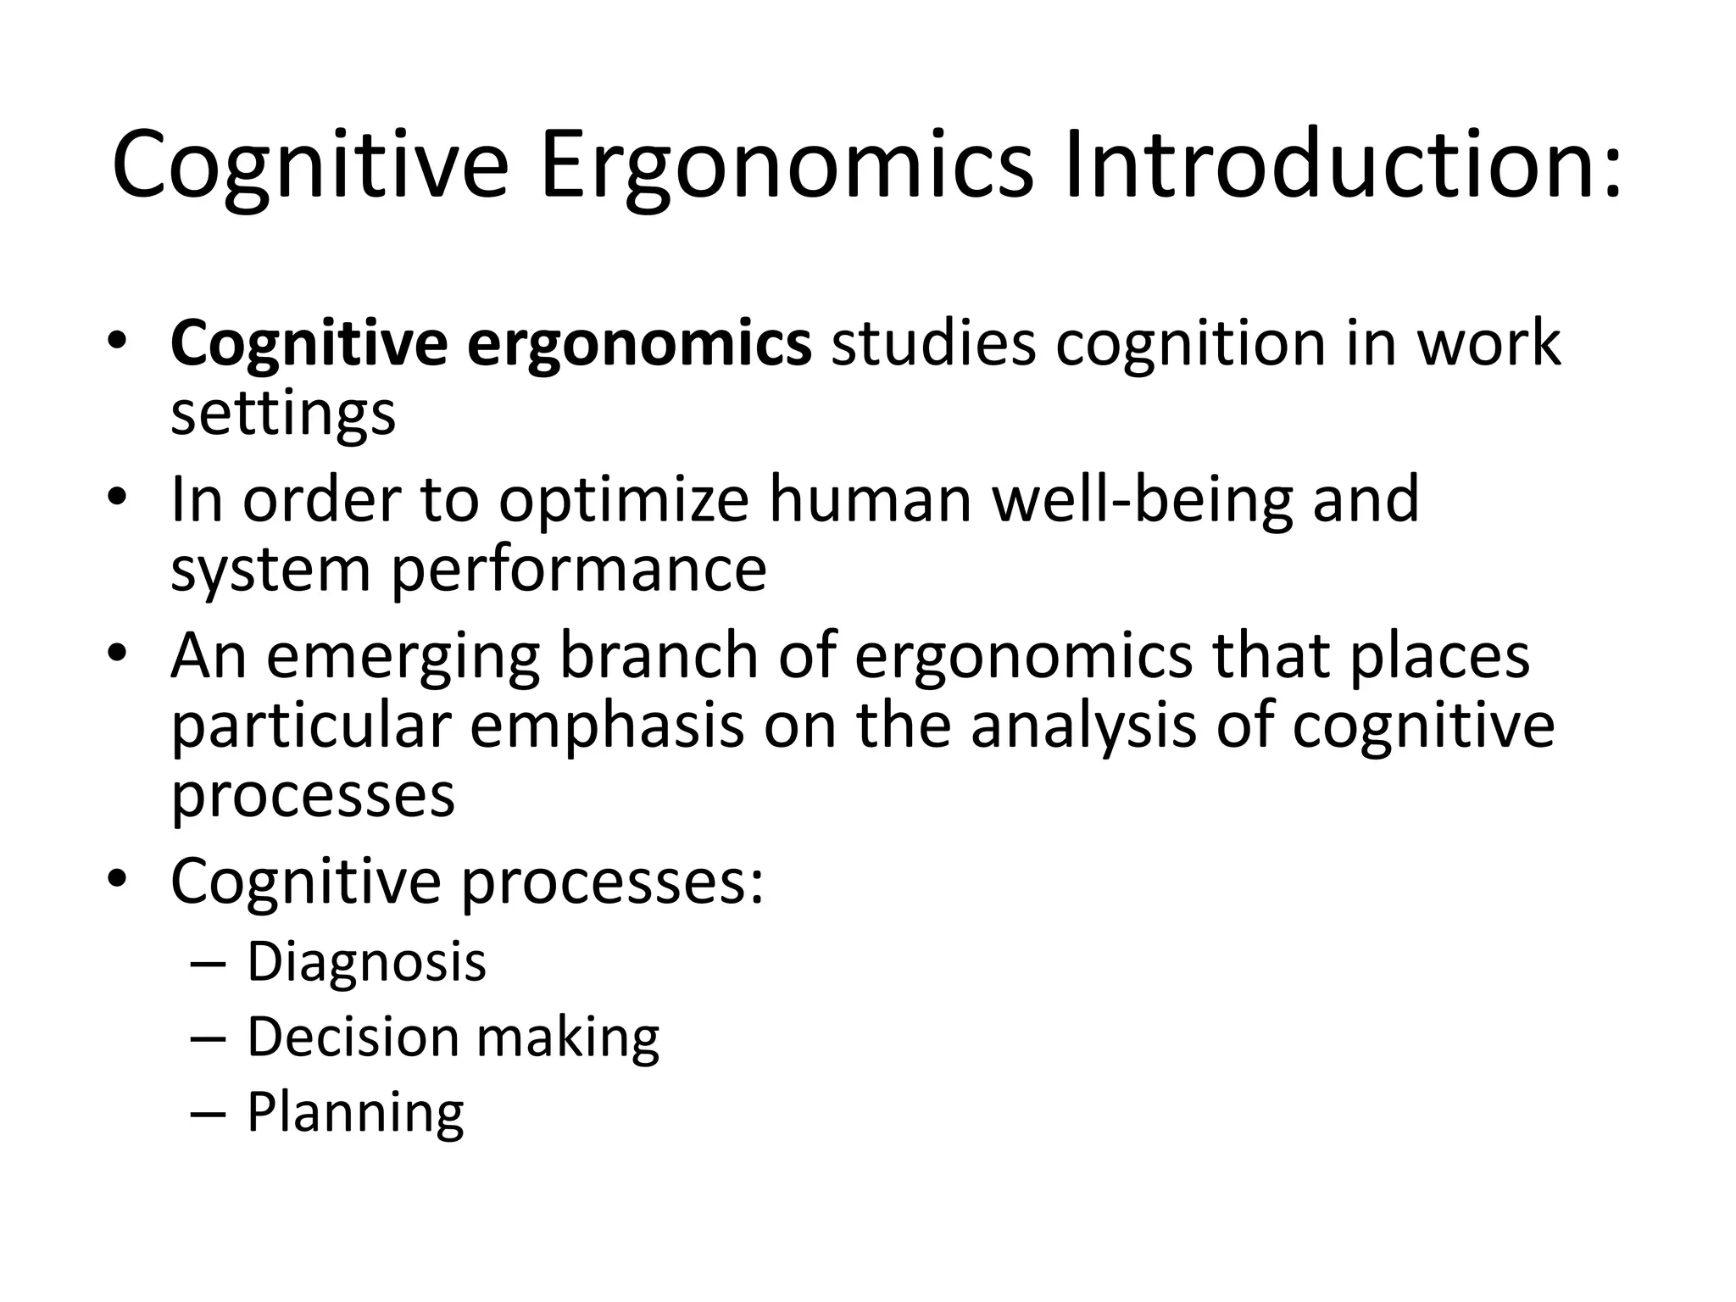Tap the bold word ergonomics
(x=639, y=345)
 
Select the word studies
(x=933, y=343)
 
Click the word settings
(x=283, y=414)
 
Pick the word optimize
(x=623, y=500)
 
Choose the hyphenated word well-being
(x=1142, y=500)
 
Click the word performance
(x=579, y=570)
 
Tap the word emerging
(x=403, y=657)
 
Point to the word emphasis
(x=606, y=726)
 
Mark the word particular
(x=309, y=726)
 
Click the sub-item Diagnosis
(x=366, y=962)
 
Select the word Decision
(x=353, y=1037)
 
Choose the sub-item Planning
(x=355, y=1113)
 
